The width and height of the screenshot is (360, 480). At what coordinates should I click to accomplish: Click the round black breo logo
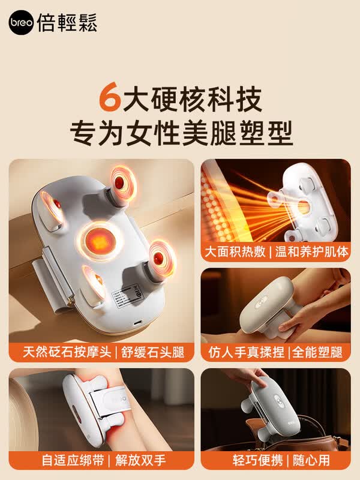tap(21, 22)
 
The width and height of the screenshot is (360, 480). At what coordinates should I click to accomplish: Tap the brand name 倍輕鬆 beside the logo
tap(67, 23)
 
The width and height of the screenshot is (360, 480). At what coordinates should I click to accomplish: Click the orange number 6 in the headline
tap(109, 97)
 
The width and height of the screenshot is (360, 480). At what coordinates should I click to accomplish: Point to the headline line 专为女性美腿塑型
tap(182, 133)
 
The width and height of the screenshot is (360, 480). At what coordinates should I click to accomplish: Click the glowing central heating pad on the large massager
tap(100, 241)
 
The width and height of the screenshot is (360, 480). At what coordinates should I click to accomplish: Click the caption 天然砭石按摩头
tap(67, 352)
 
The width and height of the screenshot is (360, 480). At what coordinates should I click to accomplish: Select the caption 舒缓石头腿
tap(153, 352)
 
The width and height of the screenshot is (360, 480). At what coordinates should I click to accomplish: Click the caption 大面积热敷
tap(235, 251)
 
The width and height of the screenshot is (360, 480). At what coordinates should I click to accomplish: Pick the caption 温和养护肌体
tap(311, 251)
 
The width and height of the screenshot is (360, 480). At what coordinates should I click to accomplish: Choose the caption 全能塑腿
tap(317, 352)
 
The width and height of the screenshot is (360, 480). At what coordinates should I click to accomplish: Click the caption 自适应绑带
tap(73, 460)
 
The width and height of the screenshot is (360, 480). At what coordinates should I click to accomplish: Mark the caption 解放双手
tap(140, 460)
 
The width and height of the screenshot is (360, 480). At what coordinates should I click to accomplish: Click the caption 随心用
tap(311, 460)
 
